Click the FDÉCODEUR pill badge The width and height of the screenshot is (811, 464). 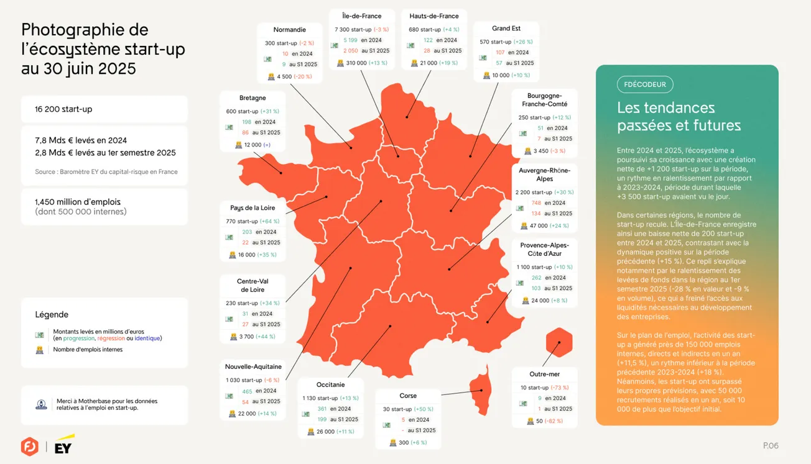645,84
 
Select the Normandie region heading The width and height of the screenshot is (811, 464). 290,30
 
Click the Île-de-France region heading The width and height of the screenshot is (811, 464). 361,16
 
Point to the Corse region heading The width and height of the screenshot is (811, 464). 408,396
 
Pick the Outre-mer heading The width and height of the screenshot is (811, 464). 544,375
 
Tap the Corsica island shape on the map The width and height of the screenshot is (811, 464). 480,388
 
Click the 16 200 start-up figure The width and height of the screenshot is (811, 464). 63,109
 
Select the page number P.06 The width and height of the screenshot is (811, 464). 771,445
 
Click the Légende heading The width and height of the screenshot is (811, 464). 52,315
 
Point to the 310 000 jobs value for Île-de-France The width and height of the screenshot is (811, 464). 356,63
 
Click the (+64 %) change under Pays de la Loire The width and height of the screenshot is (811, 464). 269,222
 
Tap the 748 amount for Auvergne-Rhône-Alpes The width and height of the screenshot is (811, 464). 536,203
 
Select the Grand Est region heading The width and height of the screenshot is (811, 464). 506,29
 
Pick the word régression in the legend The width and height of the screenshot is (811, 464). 111,339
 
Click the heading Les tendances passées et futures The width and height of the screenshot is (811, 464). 679,117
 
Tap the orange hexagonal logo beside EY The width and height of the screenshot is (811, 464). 29,446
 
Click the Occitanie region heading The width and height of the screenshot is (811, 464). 330,385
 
